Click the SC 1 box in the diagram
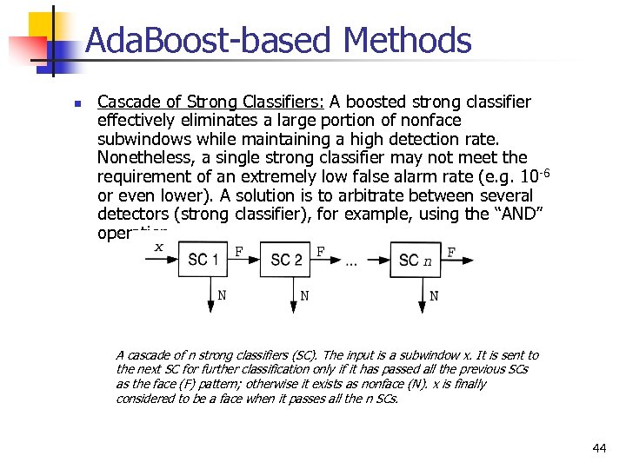coord(203,259)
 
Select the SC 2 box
coord(286,259)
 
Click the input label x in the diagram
coord(158,247)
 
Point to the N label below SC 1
coord(223,295)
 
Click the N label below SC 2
coord(304,295)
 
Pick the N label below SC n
coord(434,295)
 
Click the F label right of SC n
coord(450,252)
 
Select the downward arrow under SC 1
coord(210,294)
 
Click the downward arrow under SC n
coord(421,294)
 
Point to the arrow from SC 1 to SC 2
coord(244,259)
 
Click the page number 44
coord(599,448)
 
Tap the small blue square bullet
coord(76,103)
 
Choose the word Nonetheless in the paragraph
coord(144,158)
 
